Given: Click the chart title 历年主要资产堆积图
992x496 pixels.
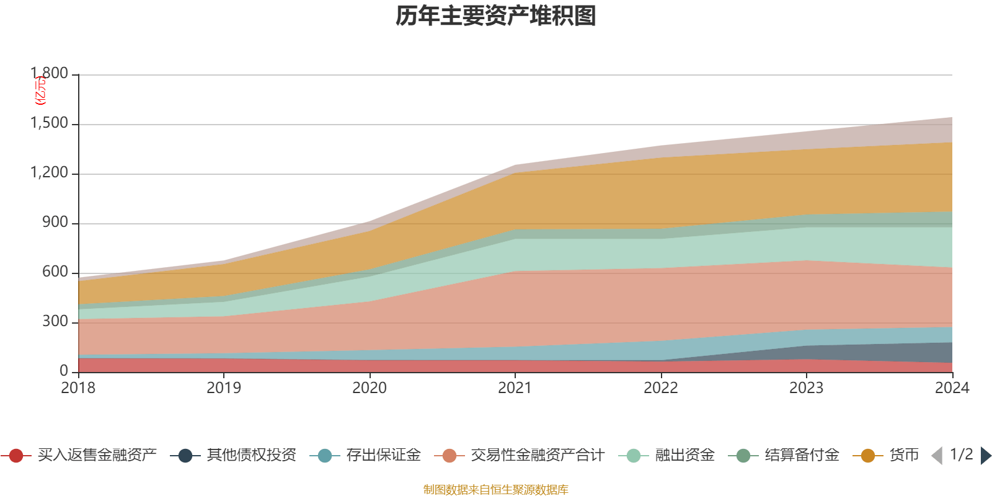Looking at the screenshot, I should point(496,16).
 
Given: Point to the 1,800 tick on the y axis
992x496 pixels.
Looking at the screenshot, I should point(50,74).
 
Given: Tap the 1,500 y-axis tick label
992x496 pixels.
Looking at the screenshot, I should point(50,123).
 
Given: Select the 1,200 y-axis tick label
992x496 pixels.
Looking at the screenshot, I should point(50,173).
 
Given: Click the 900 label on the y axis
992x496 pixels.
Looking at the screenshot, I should point(55,223).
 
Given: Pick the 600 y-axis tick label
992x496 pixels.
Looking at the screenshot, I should point(55,272).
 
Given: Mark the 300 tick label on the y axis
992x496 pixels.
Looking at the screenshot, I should point(55,322).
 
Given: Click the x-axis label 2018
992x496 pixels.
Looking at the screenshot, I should point(78,388).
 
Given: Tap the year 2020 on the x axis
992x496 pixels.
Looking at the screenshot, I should point(370,388).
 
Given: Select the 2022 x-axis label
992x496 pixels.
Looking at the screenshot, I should point(661,388).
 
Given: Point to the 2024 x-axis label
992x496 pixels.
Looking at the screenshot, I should point(952,388).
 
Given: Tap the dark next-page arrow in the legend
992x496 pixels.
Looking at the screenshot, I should point(986,456).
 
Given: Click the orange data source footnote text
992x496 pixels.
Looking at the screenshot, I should point(496,490).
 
